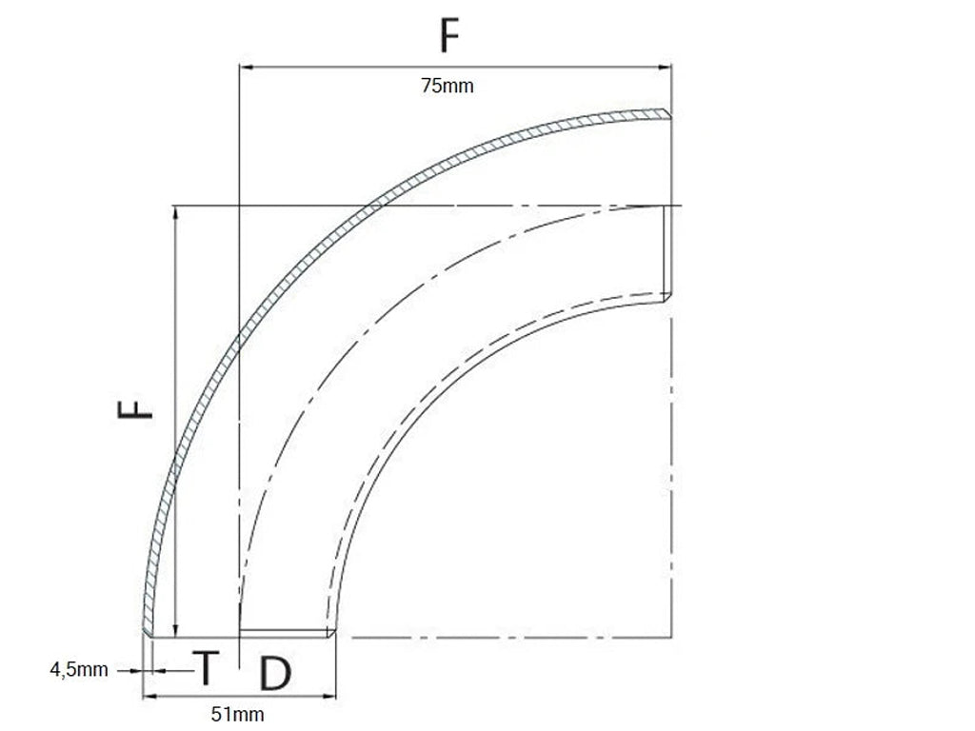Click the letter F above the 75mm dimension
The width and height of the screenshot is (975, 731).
[450, 36]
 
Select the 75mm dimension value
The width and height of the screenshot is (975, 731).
[448, 87]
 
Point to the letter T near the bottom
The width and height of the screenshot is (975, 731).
[205, 668]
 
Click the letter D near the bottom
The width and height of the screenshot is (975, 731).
[274, 673]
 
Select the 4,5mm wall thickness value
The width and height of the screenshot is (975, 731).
[79, 670]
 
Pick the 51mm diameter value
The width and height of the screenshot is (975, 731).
[237, 714]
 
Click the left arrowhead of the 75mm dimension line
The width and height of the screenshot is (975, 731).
[244, 67]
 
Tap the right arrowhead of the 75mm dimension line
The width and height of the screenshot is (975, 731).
[667, 67]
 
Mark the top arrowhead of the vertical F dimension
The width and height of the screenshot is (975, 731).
[175, 211]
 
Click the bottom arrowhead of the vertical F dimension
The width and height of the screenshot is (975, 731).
[175, 631]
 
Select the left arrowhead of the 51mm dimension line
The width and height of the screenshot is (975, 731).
[148, 698]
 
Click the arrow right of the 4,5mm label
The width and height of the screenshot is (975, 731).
[135, 670]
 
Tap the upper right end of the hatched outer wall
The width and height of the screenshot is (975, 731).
[668, 113]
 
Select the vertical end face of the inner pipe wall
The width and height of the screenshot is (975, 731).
[667, 252]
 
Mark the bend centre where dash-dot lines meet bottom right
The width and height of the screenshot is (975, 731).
[672, 636]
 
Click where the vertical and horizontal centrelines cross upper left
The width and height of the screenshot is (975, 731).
[238, 206]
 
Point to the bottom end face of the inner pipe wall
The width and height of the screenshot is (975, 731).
[286, 633]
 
